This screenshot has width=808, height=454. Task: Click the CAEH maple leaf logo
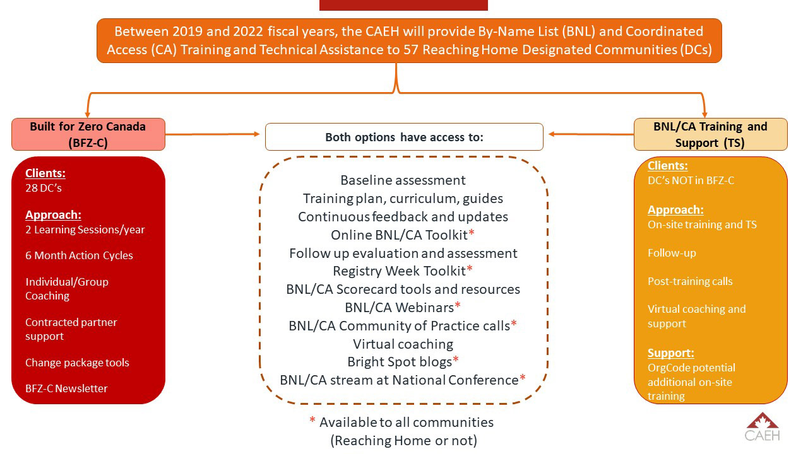[x=762, y=427]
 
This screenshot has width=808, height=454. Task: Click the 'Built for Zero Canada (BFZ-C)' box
[x=88, y=134]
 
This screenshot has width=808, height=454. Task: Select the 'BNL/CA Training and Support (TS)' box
[x=711, y=134]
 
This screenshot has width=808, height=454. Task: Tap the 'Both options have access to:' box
[x=404, y=137]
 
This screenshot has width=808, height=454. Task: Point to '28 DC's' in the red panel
[x=44, y=188]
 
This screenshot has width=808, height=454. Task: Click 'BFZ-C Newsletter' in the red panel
[x=66, y=388]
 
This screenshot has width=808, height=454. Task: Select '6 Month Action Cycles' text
[x=79, y=255]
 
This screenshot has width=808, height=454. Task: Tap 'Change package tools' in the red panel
[x=77, y=363]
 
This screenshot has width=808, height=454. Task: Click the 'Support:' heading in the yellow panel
[x=670, y=352]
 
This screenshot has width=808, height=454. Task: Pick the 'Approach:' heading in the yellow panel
[x=675, y=210]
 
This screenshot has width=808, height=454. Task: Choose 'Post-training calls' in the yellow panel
[x=690, y=281]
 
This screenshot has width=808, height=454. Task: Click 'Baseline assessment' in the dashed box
[x=403, y=180]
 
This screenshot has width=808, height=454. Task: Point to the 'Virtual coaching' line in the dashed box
[x=403, y=344]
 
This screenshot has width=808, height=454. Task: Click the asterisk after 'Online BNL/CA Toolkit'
[x=471, y=233]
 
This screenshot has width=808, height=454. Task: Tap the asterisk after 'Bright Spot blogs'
[x=456, y=359]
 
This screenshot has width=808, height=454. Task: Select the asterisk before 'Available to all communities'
[x=312, y=419]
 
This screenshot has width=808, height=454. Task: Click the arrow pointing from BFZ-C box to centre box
[x=213, y=134]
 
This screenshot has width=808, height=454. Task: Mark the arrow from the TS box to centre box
[x=591, y=134]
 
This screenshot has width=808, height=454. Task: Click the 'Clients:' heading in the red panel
[x=45, y=173]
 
